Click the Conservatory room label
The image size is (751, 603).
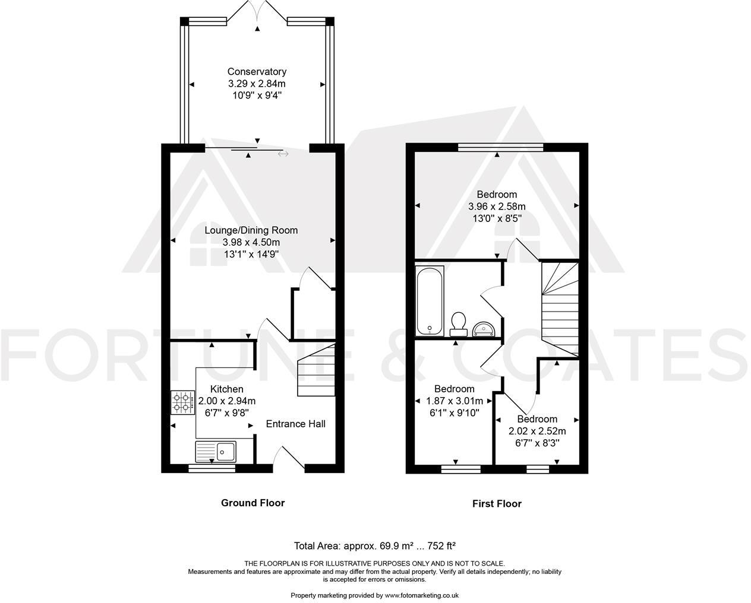(x=257, y=72)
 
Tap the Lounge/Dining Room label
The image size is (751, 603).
(x=251, y=230)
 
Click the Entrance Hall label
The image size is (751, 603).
(x=295, y=424)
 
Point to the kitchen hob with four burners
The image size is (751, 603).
(x=183, y=402)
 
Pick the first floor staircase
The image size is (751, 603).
(x=560, y=309)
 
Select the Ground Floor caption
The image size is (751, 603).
(x=253, y=503)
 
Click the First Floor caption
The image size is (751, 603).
(x=497, y=503)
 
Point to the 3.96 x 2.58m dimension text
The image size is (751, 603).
(x=497, y=207)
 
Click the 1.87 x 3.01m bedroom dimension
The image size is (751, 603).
(x=455, y=401)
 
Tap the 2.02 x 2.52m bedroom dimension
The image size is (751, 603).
(x=537, y=431)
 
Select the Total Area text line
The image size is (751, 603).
(x=375, y=545)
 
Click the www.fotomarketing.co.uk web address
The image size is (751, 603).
(x=421, y=595)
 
